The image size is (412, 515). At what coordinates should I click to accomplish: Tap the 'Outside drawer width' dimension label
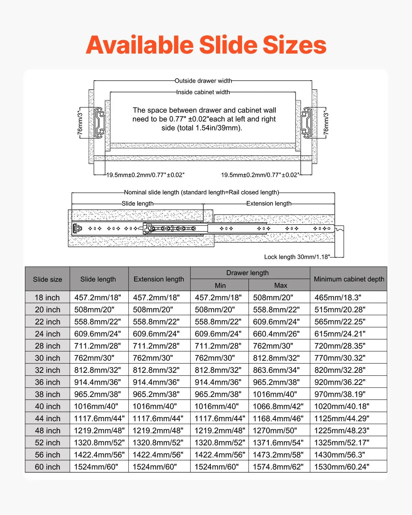pyautogui.click(x=203, y=81)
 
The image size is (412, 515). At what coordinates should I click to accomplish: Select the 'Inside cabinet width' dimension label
pyautogui.click(x=203, y=92)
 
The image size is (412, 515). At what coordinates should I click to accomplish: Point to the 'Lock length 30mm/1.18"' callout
pyautogui.click(x=297, y=257)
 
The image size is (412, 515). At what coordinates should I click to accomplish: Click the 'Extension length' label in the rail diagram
pyautogui.click(x=269, y=204)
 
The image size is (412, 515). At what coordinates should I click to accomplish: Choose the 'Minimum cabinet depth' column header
pyautogui.click(x=349, y=279)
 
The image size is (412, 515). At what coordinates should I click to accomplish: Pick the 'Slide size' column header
pyautogui.click(x=47, y=279)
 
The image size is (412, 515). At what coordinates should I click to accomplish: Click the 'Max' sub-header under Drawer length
pyautogui.click(x=281, y=285)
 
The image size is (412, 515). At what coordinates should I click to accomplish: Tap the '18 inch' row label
pyautogui.click(x=47, y=298)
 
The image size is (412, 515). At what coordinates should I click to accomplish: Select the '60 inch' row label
pyautogui.click(x=47, y=467)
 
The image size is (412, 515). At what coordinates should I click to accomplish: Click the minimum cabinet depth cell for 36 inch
pyautogui.click(x=340, y=382)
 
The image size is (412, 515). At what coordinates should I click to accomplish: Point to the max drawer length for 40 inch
pyautogui.click(x=278, y=407)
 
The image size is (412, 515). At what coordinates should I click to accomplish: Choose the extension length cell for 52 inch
pyautogui.click(x=158, y=443)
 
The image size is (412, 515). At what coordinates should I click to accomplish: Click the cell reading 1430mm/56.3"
pyautogui.click(x=340, y=455)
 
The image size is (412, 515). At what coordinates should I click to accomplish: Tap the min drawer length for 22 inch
pyautogui.click(x=218, y=322)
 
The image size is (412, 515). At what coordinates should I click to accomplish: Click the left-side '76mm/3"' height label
pyautogui.click(x=80, y=122)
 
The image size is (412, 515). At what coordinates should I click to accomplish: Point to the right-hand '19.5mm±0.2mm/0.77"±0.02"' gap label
pyautogui.click(x=260, y=175)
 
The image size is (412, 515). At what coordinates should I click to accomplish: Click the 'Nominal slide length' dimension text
pyautogui.click(x=202, y=193)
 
